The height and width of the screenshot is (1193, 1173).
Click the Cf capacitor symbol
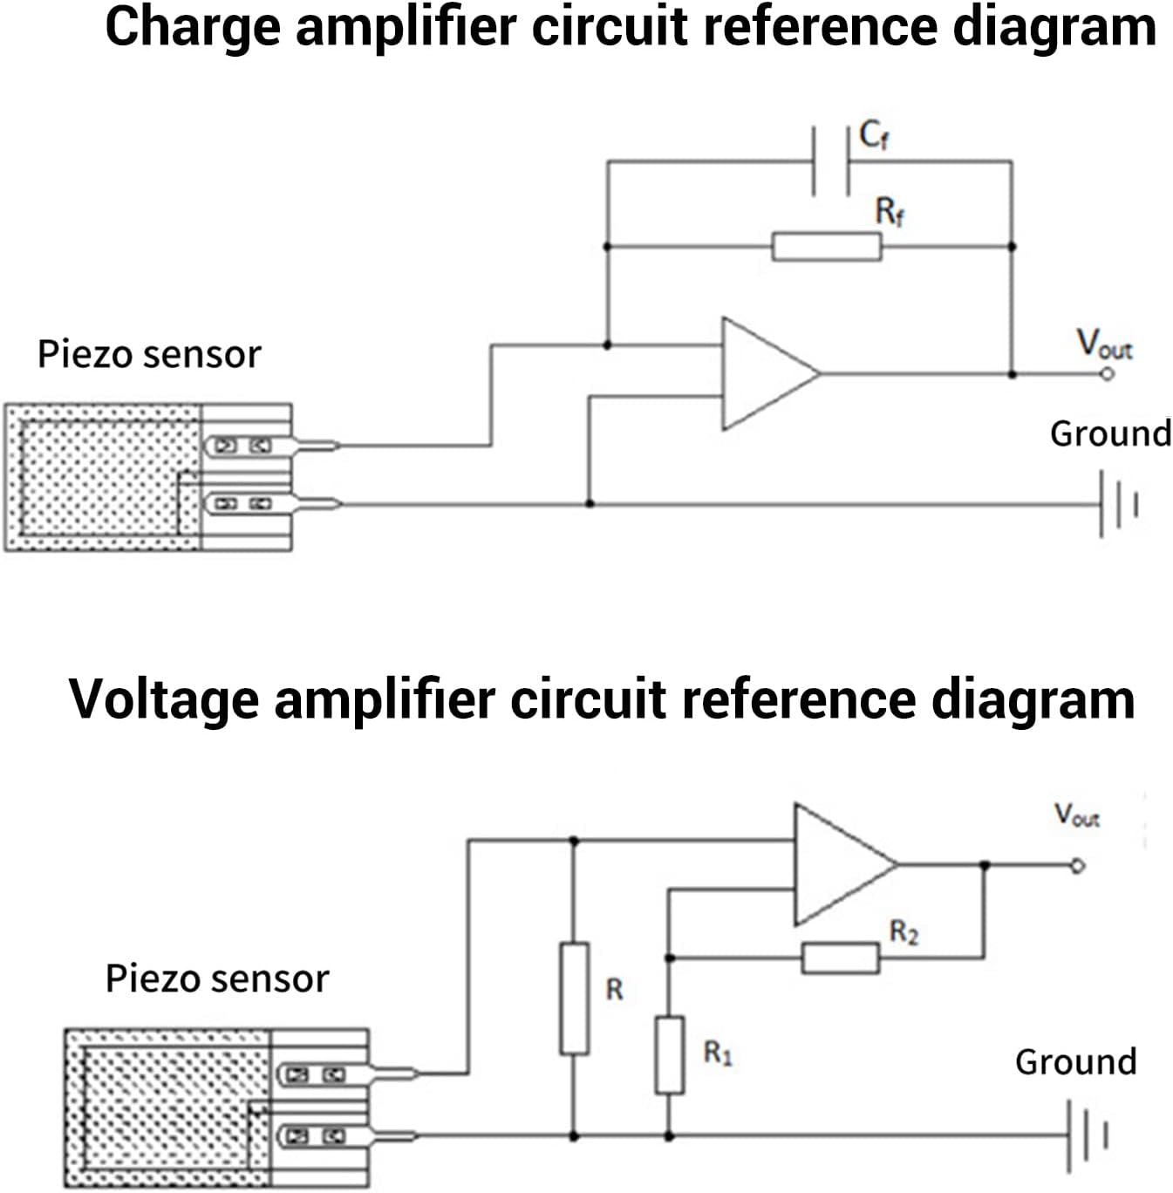pos(831,161)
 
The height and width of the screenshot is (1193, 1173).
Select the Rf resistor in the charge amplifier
pos(827,247)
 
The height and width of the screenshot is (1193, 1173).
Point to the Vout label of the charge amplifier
pos(1103,344)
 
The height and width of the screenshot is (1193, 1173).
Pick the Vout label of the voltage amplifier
pos(1077,815)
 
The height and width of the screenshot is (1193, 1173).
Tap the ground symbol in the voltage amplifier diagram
pos(1086,1135)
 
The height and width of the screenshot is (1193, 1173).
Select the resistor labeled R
pos(574,998)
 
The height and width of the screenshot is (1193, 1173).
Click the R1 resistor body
pos(669,1054)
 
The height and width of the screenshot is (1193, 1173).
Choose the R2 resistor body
pos(840,958)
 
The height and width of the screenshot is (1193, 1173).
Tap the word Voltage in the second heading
pos(163,699)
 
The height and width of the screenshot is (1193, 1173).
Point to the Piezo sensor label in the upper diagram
pos(149,355)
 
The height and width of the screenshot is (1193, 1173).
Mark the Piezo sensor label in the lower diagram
pos(217,978)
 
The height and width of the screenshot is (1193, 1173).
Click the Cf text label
pos(874,135)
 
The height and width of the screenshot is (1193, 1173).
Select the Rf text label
pos(890,212)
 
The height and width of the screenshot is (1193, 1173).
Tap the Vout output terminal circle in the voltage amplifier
pos(1078,866)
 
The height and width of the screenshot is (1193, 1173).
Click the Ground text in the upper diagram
pos(1110,433)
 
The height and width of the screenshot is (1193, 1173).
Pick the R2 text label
pos(904,932)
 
